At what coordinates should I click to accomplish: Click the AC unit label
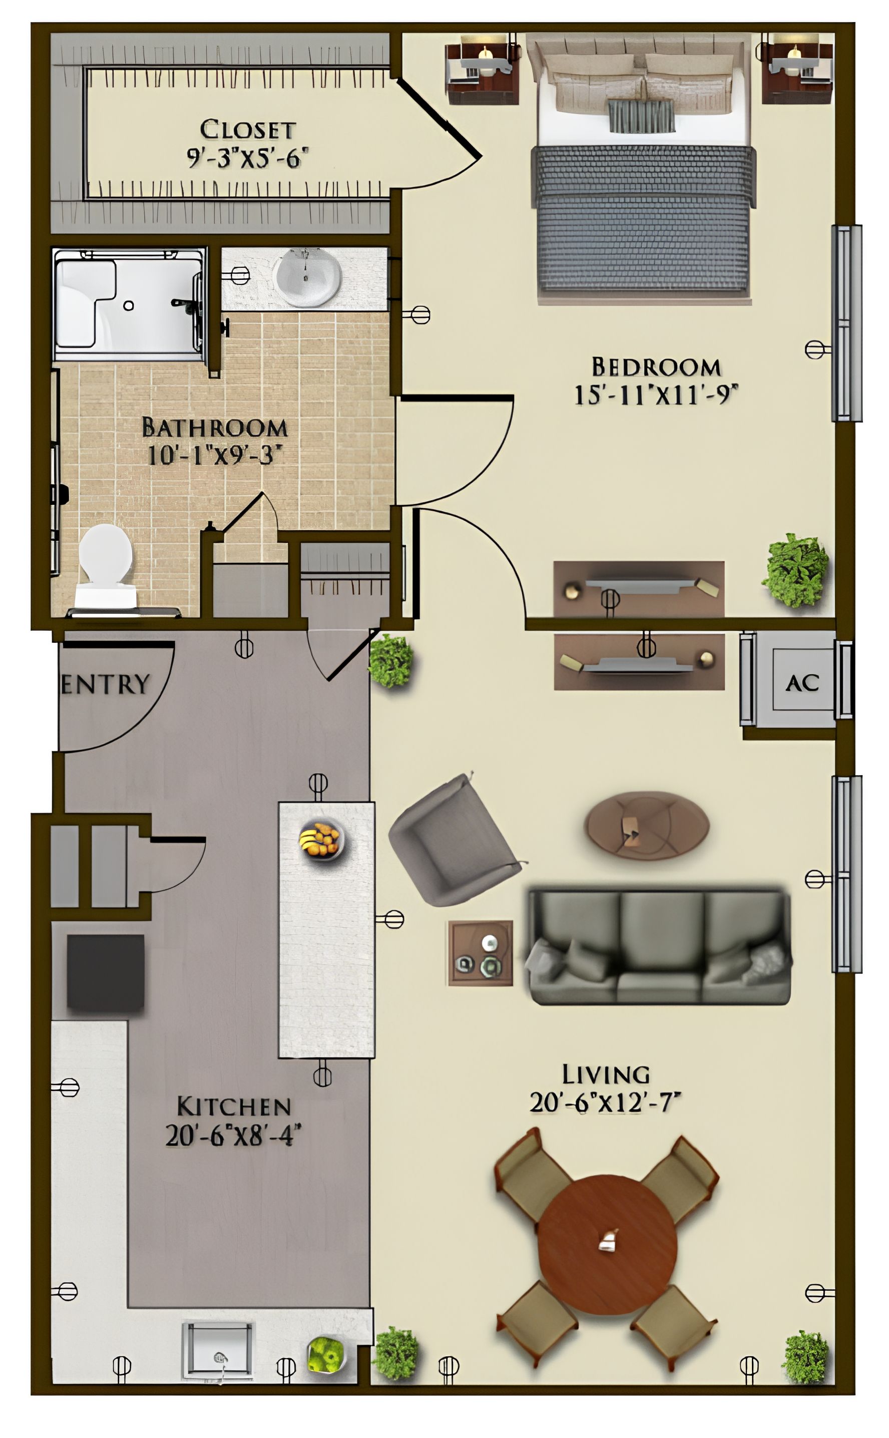coord(802,683)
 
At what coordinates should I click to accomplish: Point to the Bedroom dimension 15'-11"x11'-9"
coord(655,394)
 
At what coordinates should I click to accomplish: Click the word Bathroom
coord(215,428)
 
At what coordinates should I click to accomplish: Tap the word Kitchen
coord(233,1107)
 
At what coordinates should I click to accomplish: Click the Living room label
coord(606,1074)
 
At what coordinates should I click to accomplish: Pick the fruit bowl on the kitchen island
coord(321,838)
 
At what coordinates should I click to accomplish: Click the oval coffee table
coord(646,826)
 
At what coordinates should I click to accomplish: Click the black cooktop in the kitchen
coord(105,972)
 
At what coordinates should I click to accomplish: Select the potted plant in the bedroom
coord(796,570)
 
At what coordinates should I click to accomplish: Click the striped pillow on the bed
coord(641,116)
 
